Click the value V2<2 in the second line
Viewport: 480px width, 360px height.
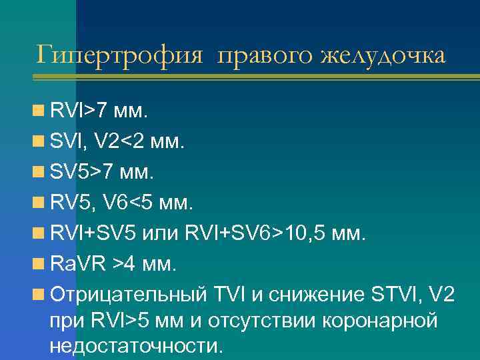coord(122,141)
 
